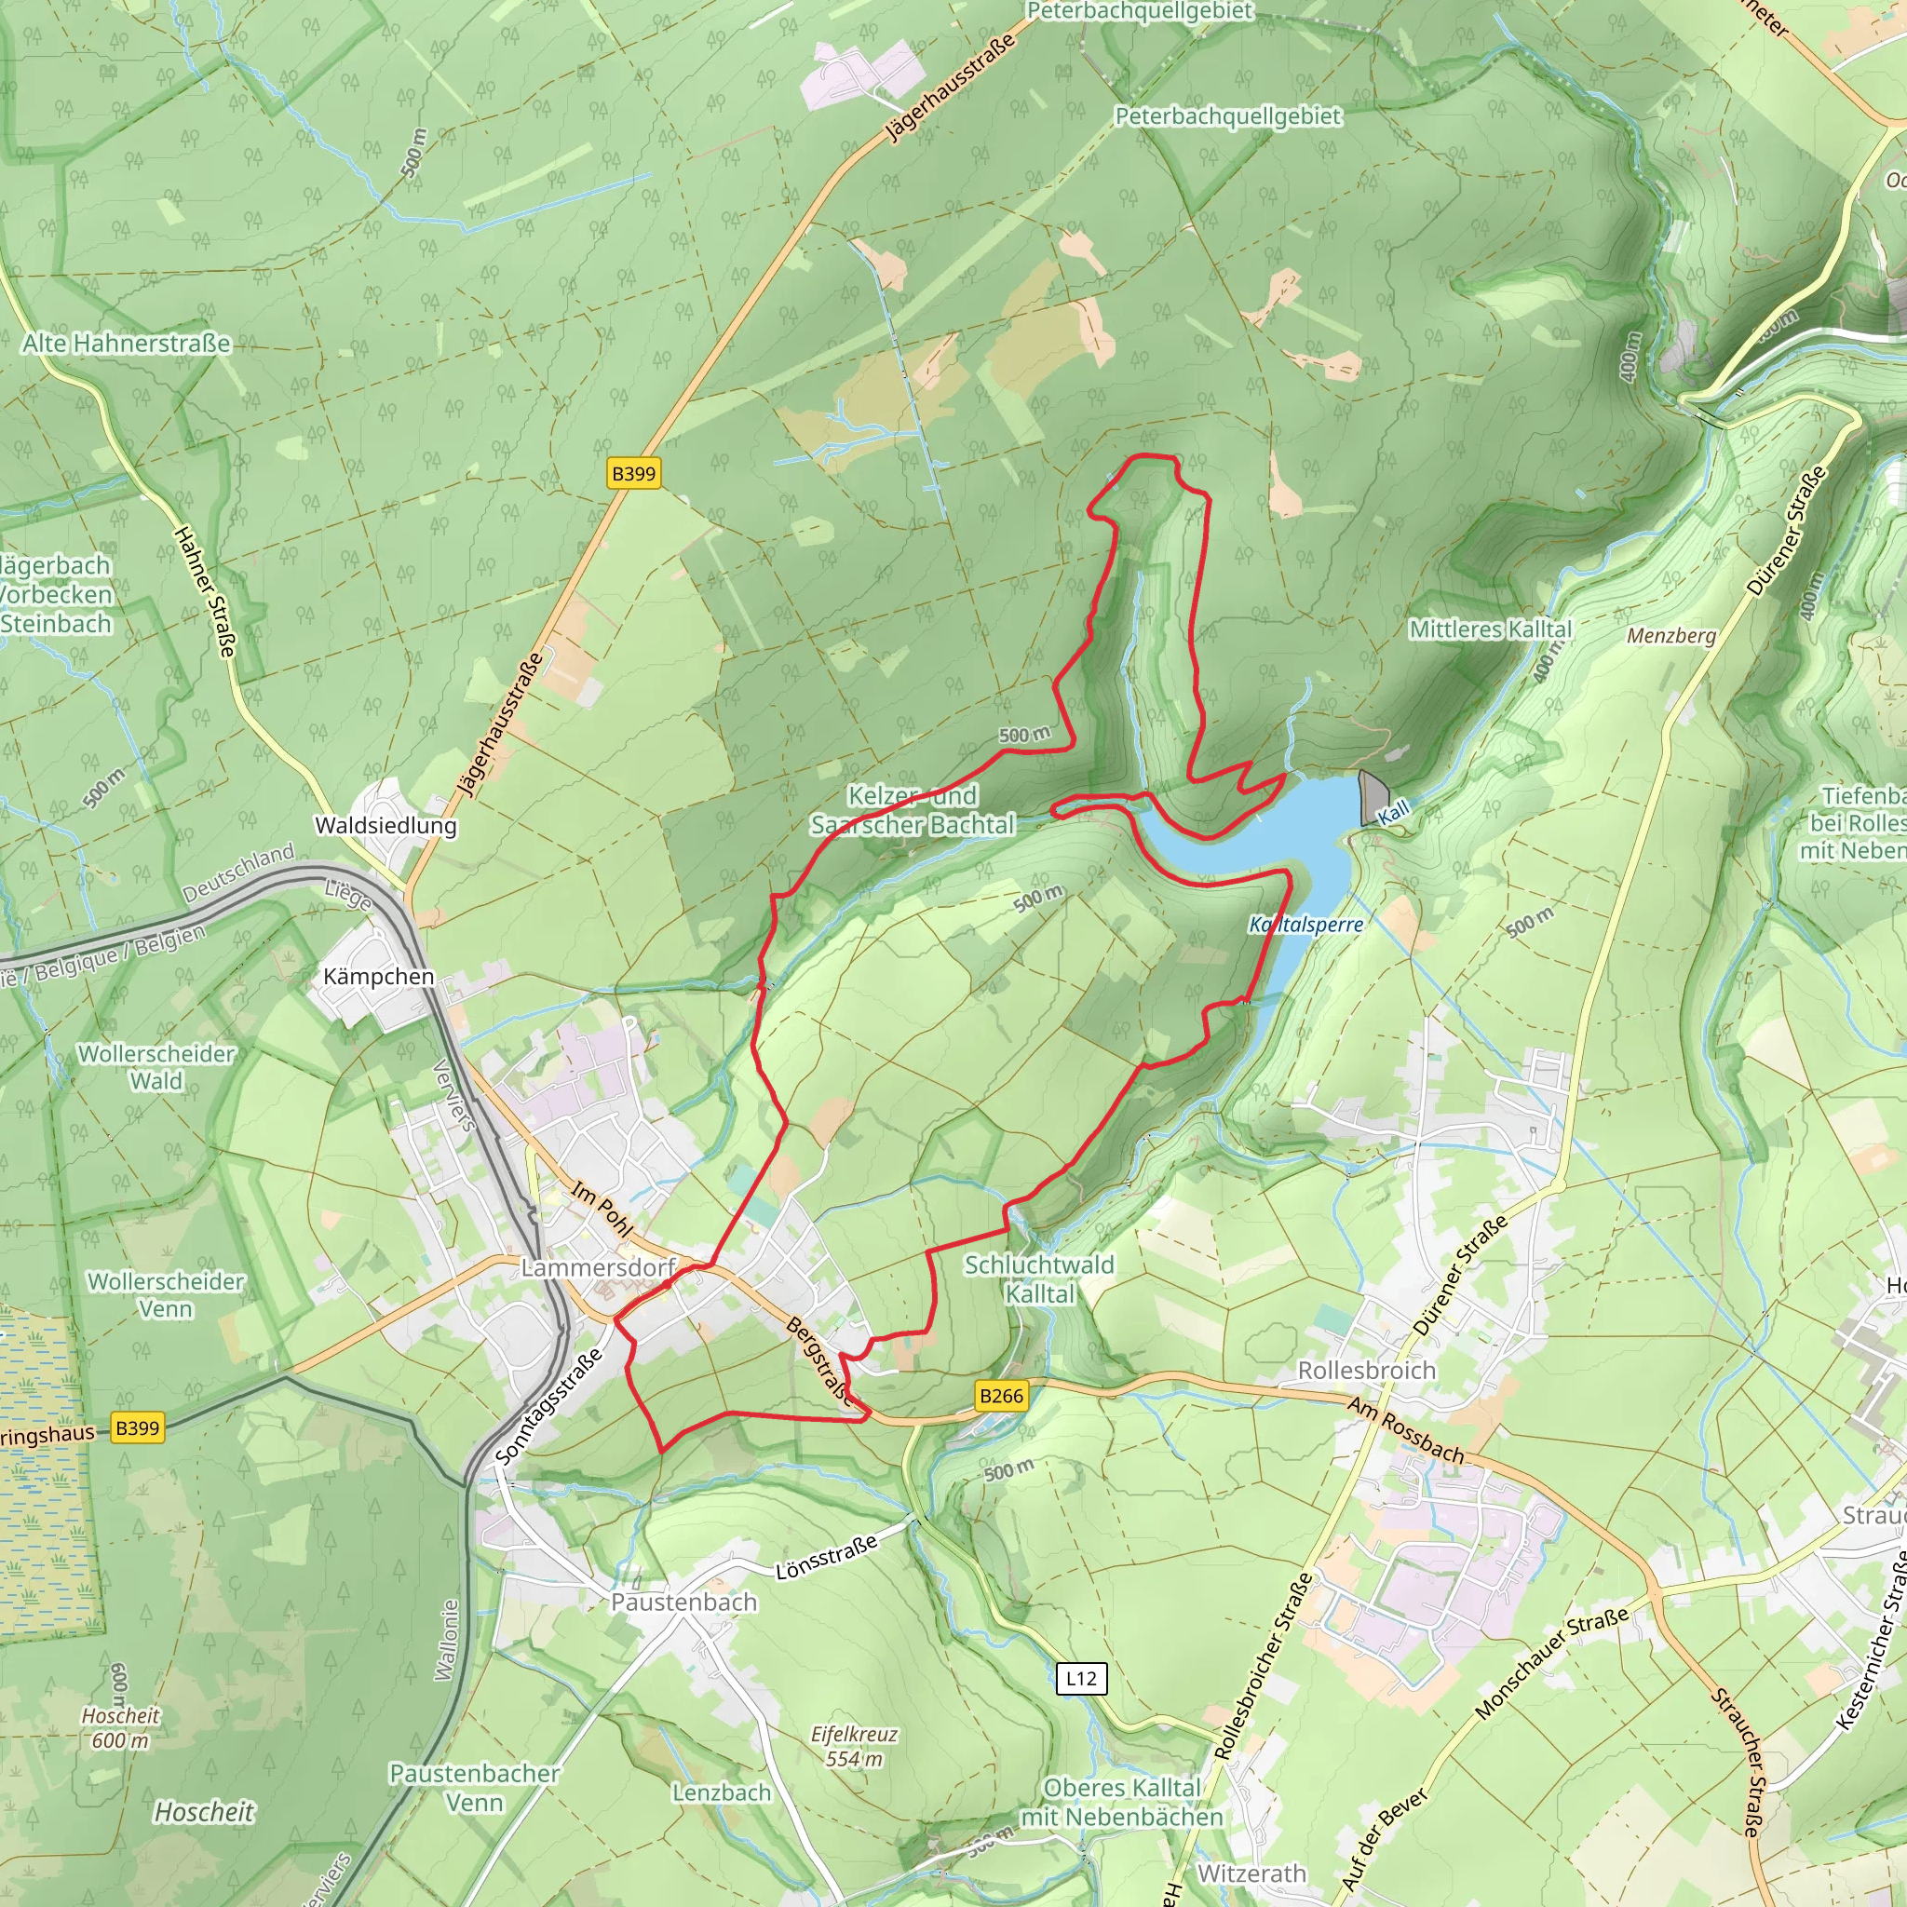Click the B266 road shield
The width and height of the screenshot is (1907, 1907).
1001,1396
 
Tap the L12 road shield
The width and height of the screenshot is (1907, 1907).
1081,1678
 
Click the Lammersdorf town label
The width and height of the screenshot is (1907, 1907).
598,1267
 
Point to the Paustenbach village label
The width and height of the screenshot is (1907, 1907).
684,1602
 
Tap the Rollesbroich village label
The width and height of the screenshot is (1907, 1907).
1366,1370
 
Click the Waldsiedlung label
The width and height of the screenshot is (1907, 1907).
385,825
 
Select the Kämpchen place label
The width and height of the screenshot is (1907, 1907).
379,976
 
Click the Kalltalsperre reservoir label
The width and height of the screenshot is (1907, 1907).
1305,925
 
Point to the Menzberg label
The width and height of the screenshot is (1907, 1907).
1671,636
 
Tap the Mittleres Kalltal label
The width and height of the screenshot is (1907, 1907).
1491,629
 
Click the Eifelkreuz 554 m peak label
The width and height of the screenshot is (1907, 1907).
855,1746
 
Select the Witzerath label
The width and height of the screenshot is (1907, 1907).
1251,1873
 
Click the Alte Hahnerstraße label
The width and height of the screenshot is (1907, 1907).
127,344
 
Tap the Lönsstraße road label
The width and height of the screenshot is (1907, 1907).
826,1558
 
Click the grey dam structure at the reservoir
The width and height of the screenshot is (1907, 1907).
1373,795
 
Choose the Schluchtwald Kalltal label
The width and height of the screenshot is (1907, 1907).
1039,1278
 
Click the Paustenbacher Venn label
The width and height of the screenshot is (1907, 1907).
475,1788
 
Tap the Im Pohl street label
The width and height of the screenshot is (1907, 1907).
602,1210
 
